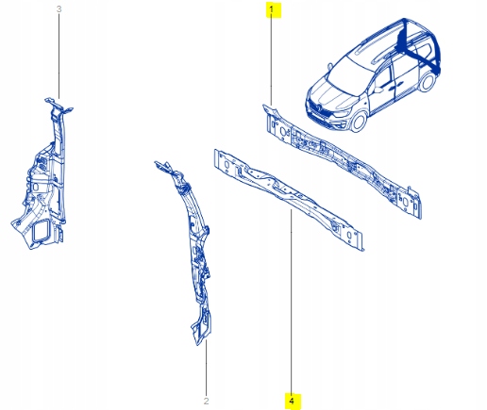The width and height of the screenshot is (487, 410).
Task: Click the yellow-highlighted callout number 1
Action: click(x=272, y=11)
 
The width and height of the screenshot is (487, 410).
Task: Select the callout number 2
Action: click(x=207, y=401)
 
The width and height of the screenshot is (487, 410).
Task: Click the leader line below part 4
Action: click(x=292, y=311)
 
